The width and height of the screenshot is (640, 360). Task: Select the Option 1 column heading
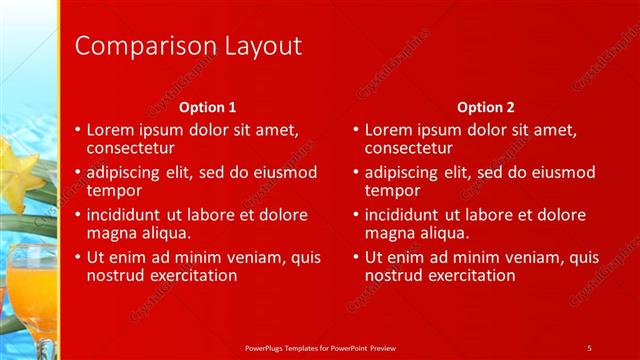coord(208,106)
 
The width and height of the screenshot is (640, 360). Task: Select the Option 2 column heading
coord(485,106)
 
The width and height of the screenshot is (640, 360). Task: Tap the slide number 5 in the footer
coord(590,346)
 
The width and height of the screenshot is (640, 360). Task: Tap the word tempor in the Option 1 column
coord(114,190)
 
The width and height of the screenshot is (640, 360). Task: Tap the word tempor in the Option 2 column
coord(392,190)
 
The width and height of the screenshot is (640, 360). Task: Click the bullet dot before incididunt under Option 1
coord(78,215)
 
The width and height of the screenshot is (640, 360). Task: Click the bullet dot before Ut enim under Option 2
coord(356,257)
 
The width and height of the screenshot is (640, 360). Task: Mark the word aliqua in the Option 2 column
coord(445,232)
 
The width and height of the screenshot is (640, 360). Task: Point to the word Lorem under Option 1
coord(110,130)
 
